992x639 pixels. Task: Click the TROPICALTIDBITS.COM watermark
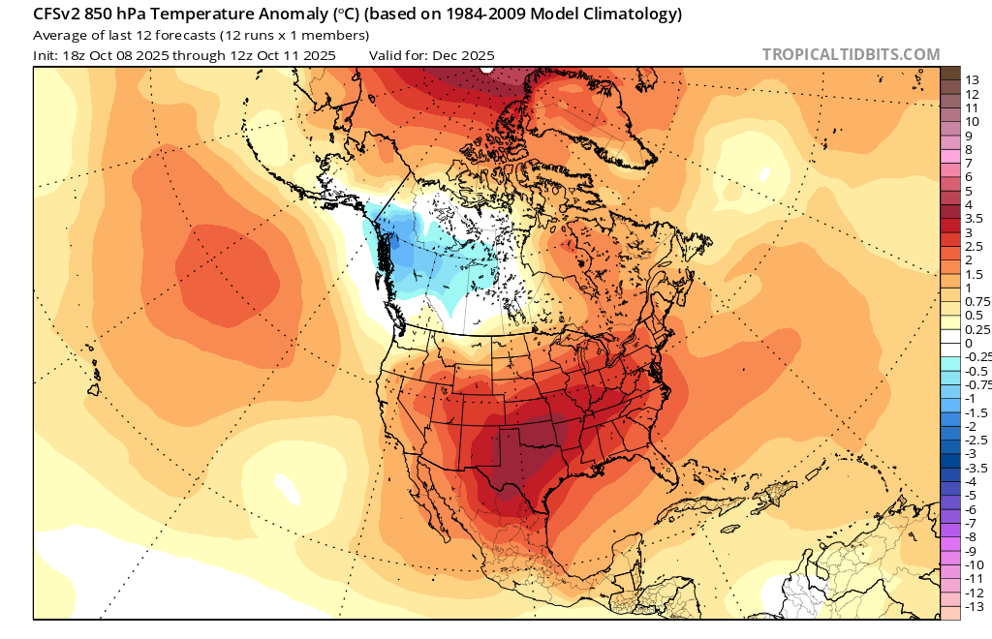coord(851,55)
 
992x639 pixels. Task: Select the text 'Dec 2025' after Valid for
coord(463,55)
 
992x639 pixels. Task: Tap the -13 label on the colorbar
coord(975,606)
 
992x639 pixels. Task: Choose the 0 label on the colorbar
coord(969,344)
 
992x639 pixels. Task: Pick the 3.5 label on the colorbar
coord(975,219)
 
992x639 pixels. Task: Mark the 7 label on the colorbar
coord(969,164)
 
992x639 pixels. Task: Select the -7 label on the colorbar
coord(972,523)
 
